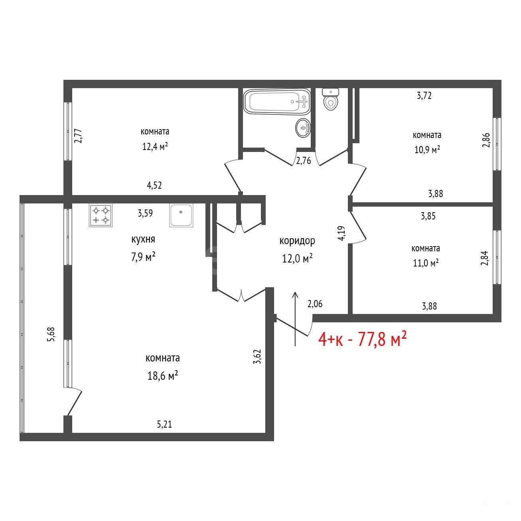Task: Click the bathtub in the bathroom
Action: [x=276, y=101]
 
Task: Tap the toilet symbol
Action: [x=330, y=99]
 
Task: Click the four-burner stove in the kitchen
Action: [x=101, y=215]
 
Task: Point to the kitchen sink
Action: [x=181, y=215]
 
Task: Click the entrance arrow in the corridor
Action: [x=295, y=319]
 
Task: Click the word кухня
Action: [x=143, y=239]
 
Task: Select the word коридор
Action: [x=297, y=241]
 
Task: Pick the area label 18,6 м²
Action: [x=162, y=375]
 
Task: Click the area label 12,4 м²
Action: [x=155, y=146]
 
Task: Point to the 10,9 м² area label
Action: [x=427, y=150]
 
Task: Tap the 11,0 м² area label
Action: [x=426, y=263]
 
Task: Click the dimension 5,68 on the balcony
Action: [x=51, y=334]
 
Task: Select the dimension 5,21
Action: [x=164, y=424]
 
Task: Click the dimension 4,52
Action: [x=154, y=185]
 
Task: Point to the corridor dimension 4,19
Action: [x=341, y=233]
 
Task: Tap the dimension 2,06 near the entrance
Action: [x=315, y=304]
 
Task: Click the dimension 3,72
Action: [x=424, y=95]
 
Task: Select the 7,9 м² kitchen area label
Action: [x=143, y=257]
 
